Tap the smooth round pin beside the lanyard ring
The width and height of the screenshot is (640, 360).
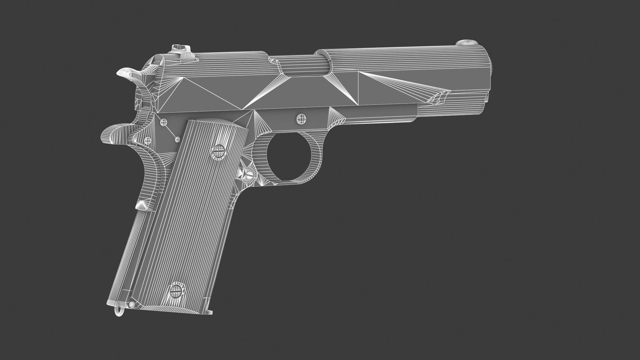coord(132,304)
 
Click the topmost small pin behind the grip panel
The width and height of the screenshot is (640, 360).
coord(164,122)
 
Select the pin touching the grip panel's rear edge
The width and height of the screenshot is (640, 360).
coord(177,139)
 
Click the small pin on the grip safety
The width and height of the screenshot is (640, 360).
coord(148,140)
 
